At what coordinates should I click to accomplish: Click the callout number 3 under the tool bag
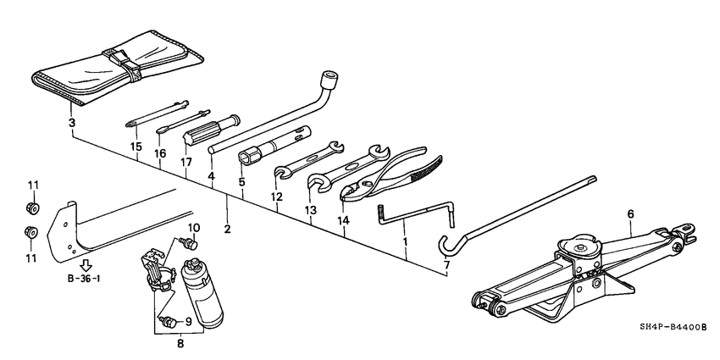72,124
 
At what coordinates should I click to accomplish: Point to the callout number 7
446,265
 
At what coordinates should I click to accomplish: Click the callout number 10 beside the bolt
192,228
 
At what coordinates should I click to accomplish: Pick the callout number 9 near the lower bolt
189,321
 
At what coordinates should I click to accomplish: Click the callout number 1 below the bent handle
404,242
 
